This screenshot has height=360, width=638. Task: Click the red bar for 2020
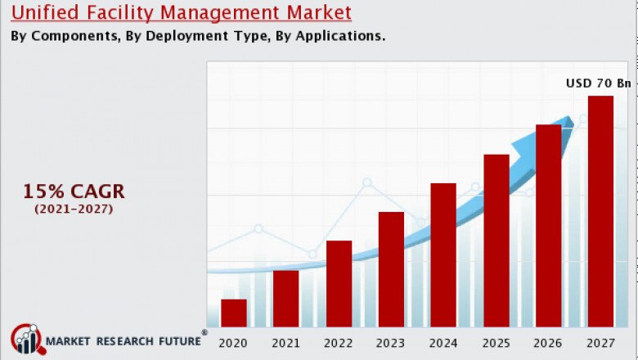233,313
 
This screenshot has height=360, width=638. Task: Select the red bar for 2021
285,298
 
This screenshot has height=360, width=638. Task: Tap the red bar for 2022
339,283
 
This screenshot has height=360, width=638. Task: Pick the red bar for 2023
391,269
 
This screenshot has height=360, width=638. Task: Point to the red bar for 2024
443,254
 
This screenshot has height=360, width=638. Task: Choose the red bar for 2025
496,240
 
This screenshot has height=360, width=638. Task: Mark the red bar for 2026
548,225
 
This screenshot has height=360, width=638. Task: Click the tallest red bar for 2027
600,211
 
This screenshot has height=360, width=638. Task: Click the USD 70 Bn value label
599,83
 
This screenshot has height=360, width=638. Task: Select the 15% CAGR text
74,191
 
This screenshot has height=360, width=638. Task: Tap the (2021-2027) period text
74,209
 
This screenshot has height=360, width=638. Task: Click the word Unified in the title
43,12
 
